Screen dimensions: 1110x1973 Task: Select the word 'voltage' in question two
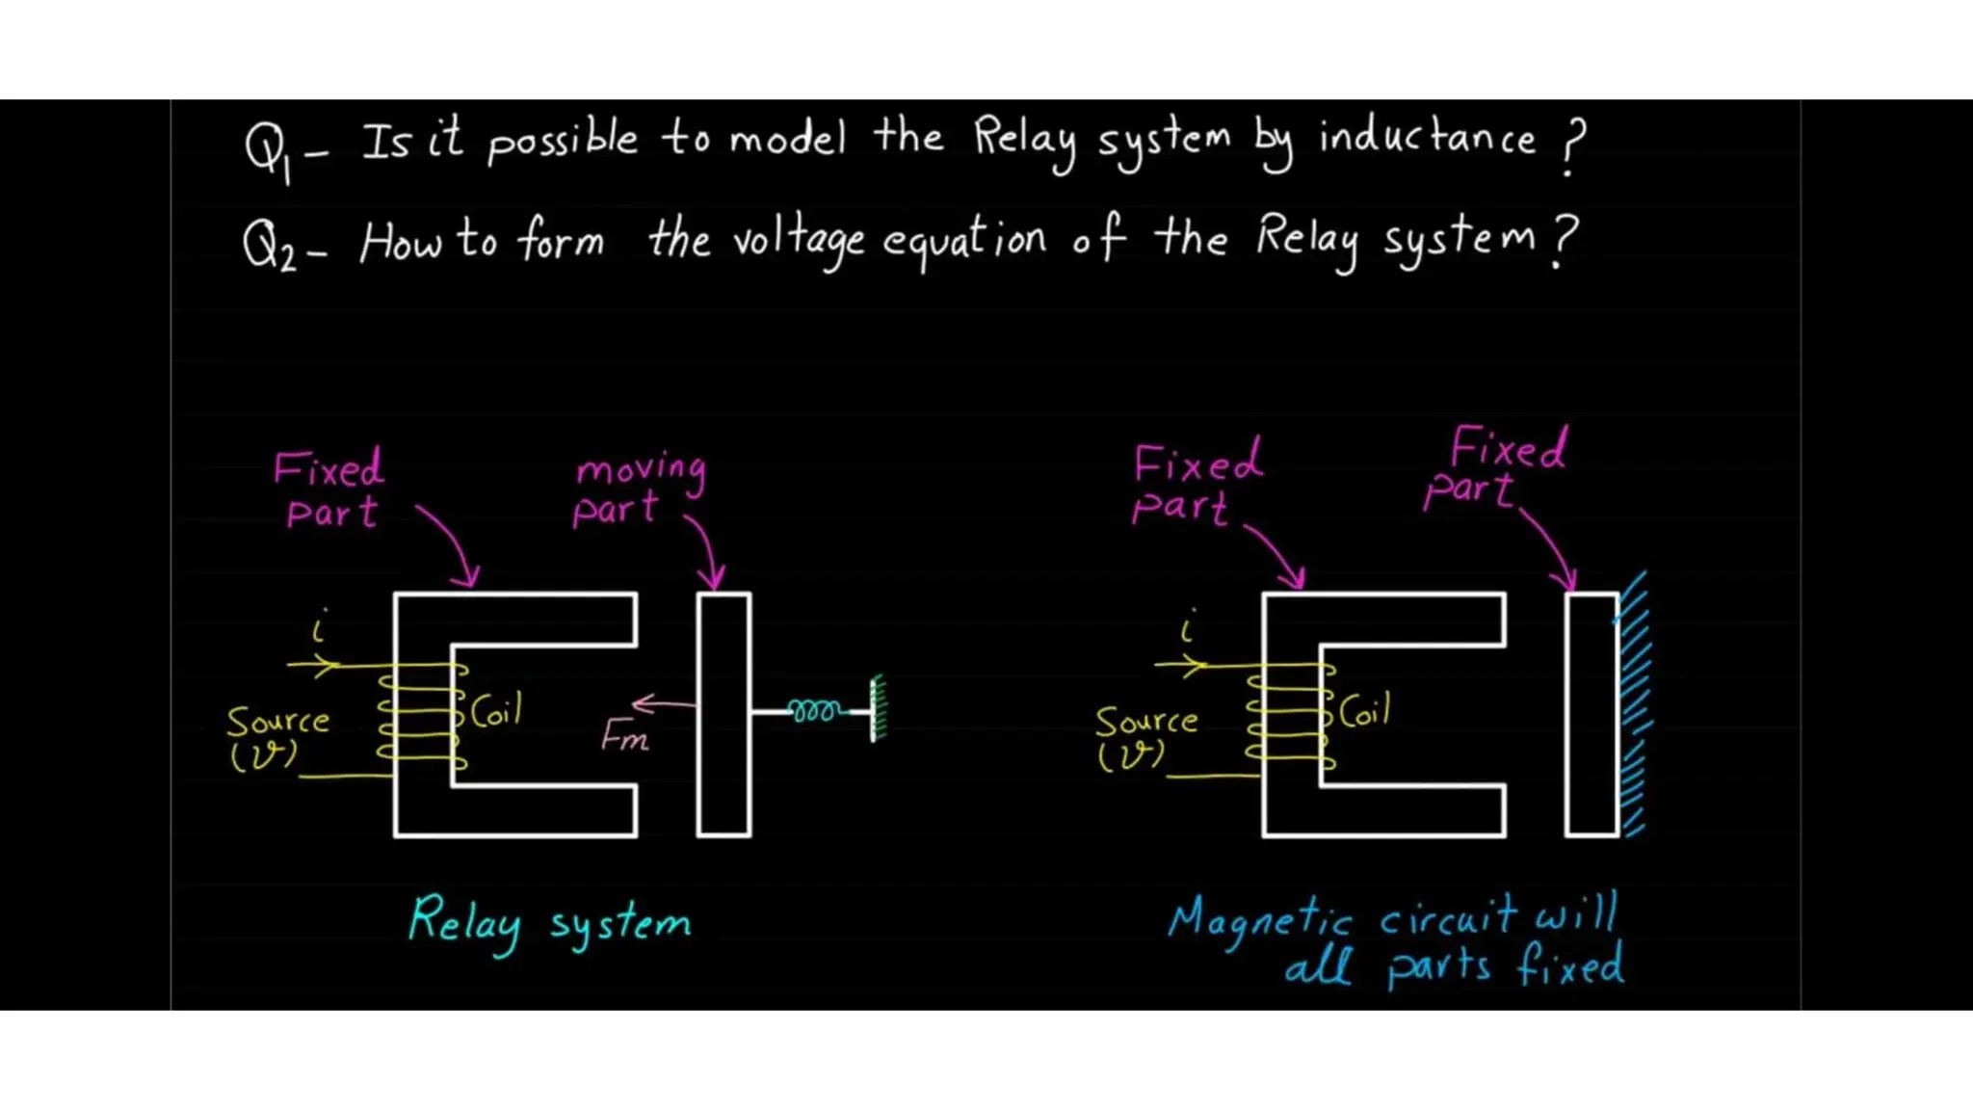(798, 241)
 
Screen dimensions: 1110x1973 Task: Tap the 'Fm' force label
(624, 738)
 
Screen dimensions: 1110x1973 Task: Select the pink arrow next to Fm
(663, 705)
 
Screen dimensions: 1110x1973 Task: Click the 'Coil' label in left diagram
(497, 711)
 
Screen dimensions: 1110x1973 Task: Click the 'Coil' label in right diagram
(1365, 711)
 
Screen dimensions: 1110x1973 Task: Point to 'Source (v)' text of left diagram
(277, 737)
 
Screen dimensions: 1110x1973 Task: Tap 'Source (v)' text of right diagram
(1145, 737)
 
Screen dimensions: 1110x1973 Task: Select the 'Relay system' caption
(549, 923)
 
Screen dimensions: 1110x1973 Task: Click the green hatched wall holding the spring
(878, 708)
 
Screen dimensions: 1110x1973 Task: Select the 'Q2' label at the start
(270, 245)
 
